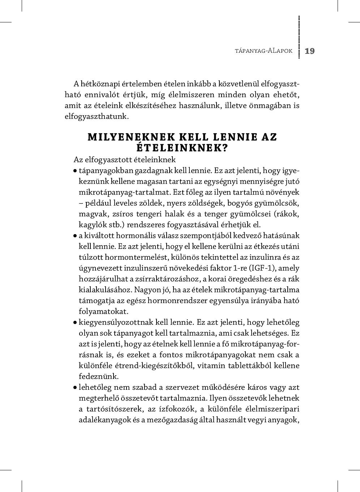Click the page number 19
point(310,51)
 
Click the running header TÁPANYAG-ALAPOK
point(263,51)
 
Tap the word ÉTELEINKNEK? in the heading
point(182,148)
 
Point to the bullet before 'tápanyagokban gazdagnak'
point(75,171)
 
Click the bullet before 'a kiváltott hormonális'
point(75,236)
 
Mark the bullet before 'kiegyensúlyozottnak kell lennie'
point(75,322)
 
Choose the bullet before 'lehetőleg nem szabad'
point(75,387)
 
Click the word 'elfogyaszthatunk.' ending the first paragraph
point(97,116)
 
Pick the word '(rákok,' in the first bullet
point(287,214)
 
